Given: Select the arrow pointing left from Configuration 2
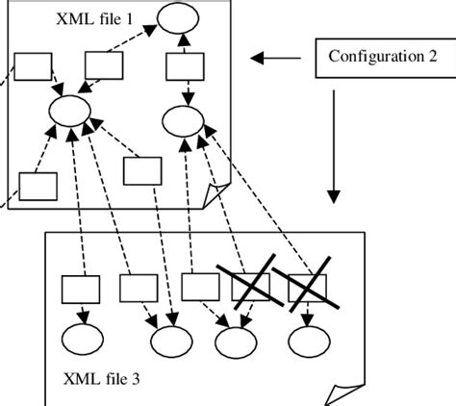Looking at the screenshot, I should [280, 60].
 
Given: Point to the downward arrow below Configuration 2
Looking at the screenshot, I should [333, 144].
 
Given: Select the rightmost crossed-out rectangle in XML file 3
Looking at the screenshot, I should [306, 287].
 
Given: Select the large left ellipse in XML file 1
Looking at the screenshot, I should [69, 110].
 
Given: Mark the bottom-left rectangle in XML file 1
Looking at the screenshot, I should [38, 186].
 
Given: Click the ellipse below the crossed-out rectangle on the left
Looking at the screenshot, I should [235, 341].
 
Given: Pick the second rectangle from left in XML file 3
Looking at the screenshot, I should [138, 288].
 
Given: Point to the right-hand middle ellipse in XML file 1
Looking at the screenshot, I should [184, 119].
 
